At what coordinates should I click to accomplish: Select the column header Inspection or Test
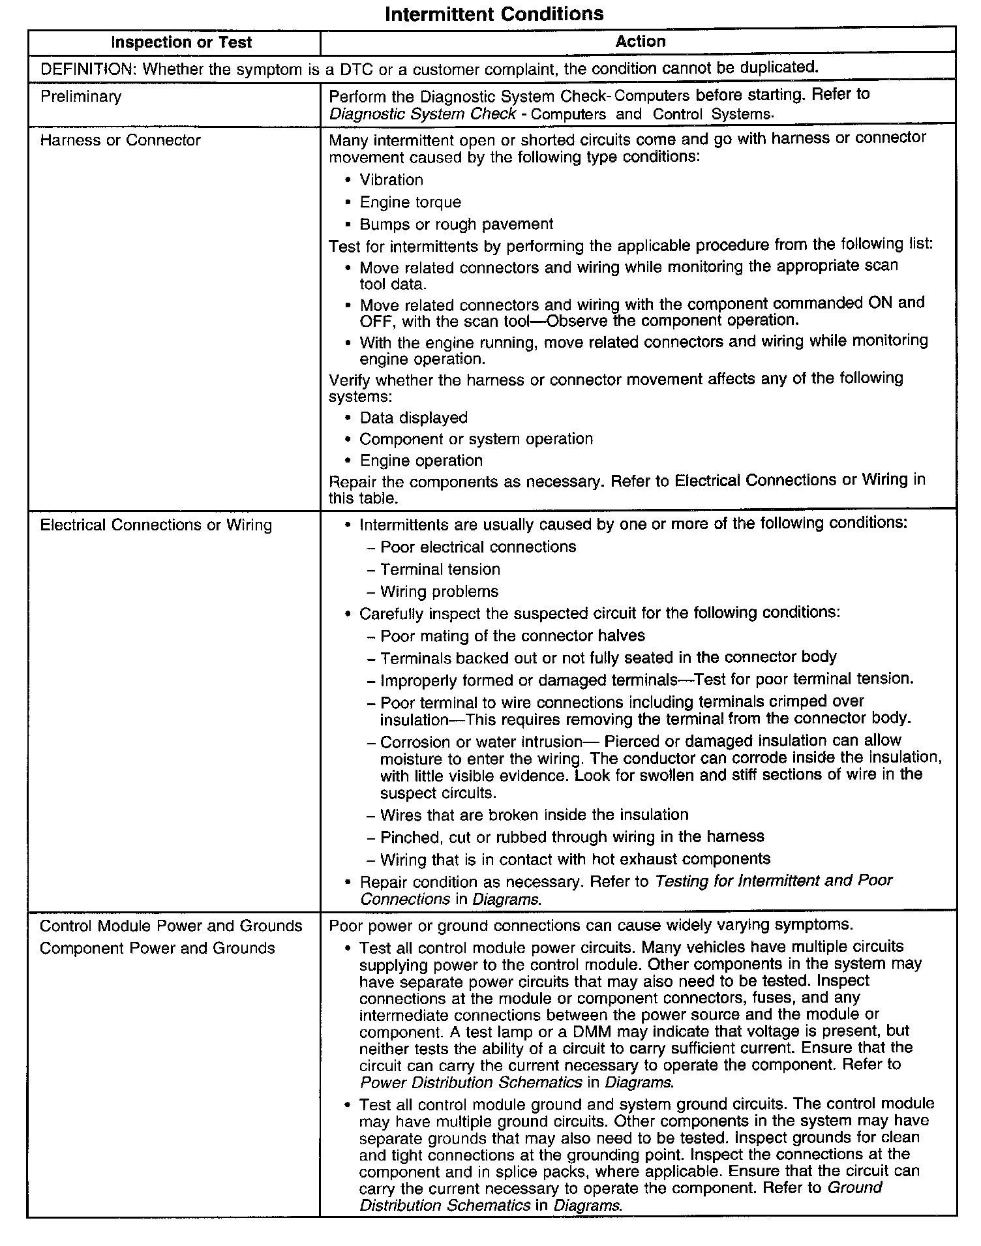tap(181, 43)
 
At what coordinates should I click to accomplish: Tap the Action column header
tap(640, 42)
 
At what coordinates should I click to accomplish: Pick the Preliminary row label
tap(81, 97)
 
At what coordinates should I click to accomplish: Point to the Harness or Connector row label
tap(120, 140)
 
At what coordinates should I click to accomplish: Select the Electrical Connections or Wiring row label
tap(156, 525)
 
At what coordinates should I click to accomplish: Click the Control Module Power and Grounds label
tap(171, 926)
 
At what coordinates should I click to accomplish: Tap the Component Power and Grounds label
tap(157, 948)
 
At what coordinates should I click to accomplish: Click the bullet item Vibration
tap(391, 180)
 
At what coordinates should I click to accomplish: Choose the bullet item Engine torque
tap(410, 202)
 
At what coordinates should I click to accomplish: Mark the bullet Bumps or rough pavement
tap(456, 224)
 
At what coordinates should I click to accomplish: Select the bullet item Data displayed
tap(414, 418)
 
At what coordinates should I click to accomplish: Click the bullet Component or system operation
tap(476, 439)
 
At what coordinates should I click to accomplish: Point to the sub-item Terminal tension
tap(440, 570)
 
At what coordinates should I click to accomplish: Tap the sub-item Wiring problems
tap(439, 592)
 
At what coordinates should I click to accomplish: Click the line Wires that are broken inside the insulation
tap(534, 815)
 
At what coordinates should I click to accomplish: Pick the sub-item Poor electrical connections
tap(478, 547)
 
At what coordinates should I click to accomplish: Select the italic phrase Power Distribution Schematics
tap(470, 1082)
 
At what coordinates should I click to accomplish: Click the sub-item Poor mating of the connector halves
tap(513, 635)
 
